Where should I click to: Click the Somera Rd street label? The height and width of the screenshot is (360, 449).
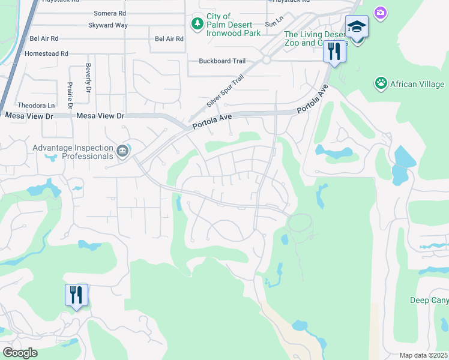110,13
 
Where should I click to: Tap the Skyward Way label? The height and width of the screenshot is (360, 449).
107,26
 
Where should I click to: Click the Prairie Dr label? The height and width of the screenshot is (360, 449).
70,95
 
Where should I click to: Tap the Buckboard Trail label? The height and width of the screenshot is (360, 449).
223,61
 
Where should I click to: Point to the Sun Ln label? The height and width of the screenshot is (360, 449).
274,23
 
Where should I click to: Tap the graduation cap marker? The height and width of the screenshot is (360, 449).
357,27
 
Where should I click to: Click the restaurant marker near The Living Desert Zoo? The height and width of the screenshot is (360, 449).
334,51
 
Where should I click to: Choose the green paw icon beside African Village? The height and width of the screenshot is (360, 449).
381,83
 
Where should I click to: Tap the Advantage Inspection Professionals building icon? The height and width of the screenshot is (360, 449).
123,150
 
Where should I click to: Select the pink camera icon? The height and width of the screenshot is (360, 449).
380,12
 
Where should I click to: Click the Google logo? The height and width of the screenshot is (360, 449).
20,353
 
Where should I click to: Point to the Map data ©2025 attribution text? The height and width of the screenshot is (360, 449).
424,355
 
